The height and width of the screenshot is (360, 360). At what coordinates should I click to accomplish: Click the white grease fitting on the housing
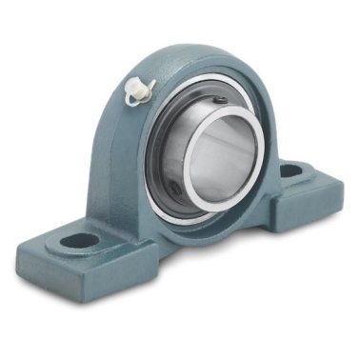point(141,90)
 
